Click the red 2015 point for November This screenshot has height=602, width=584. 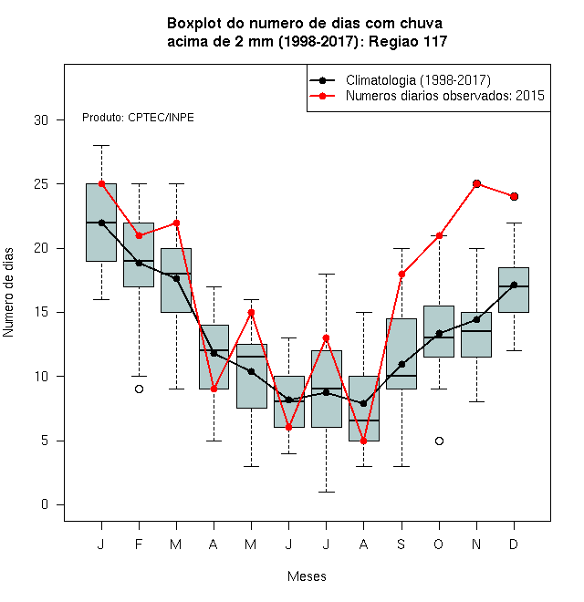[x=476, y=184]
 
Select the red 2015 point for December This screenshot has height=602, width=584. [x=514, y=197]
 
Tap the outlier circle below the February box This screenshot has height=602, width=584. [x=139, y=389]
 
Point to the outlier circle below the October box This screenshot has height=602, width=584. [x=439, y=441]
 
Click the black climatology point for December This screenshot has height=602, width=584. [x=514, y=285]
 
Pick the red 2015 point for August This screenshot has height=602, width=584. [x=363, y=441]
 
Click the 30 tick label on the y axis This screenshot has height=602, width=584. [x=41, y=120]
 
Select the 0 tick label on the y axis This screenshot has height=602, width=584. [x=45, y=504]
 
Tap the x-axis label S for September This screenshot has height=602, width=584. [x=401, y=544]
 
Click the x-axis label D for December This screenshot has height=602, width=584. [x=514, y=544]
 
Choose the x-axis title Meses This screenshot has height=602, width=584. [x=307, y=576]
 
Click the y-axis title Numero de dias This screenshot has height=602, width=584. [x=8, y=293]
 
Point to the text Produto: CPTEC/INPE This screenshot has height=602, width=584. [x=138, y=117]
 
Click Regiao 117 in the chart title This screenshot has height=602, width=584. [x=408, y=41]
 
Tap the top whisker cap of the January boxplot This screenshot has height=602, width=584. [x=102, y=146]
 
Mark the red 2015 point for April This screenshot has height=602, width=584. [x=214, y=389]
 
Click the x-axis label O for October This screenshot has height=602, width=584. [x=438, y=544]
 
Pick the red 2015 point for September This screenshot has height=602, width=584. [x=401, y=275]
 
